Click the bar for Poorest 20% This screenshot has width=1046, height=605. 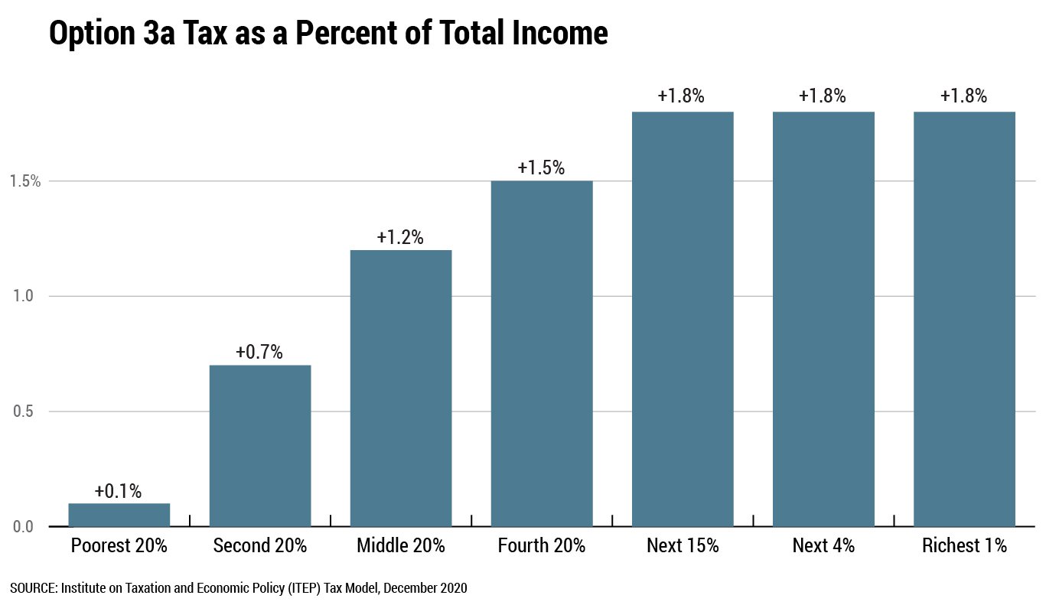pyautogui.click(x=119, y=515)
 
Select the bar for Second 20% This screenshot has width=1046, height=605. pyautogui.click(x=259, y=446)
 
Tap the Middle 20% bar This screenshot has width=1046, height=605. pyautogui.click(x=400, y=389)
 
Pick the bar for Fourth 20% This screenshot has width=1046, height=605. pyautogui.click(x=542, y=353)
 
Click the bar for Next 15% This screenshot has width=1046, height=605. pyautogui.click(x=683, y=319)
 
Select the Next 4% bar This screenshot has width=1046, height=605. pyautogui.click(x=823, y=319)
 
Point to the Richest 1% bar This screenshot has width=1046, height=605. pyautogui.click(x=964, y=319)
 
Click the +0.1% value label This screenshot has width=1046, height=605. pyautogui.click(x=119, y=491)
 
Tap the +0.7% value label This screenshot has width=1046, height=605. pyautogui.click(x=259, y=353)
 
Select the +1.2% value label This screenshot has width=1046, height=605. pyautogui.click(x=400, y=238)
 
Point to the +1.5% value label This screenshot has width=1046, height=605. pyautogui.click(x=542, y=168)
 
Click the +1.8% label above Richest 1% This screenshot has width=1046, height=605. pyautogui.click(x=964, y=96)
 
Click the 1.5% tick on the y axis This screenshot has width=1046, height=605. pyautogui.click(x=24, y=181)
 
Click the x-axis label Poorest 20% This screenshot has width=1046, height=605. pyautogui.click(x=119, y=546)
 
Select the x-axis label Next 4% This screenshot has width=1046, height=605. pyautogui.click(x=823, y=546)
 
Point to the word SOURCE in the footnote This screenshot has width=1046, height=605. pyautogui.click(x=33, y=588)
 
